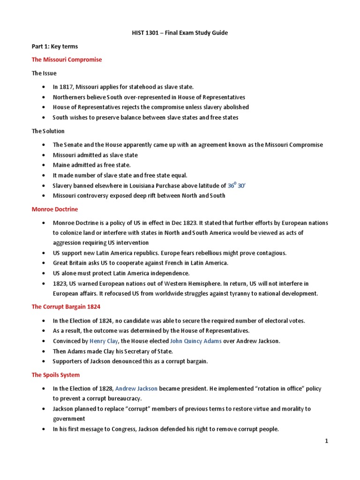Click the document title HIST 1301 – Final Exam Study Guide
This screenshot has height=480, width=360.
(180, 33)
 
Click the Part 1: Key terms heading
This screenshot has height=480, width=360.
(55, 46)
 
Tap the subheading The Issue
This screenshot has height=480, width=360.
(44, 73)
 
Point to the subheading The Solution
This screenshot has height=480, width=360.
(48, 131)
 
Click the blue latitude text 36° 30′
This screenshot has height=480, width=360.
(236, 185)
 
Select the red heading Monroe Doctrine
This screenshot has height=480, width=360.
(55, 209)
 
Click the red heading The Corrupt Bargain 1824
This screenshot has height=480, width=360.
(66, 307)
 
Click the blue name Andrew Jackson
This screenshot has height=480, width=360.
(136, 389)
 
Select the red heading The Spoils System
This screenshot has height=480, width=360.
(55, 375)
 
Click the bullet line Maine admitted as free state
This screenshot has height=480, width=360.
(92, 165)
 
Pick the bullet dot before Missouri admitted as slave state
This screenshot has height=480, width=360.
(44, 155)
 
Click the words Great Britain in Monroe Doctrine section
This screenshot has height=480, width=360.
(70, 263)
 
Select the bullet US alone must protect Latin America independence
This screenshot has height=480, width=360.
(120, 273)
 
